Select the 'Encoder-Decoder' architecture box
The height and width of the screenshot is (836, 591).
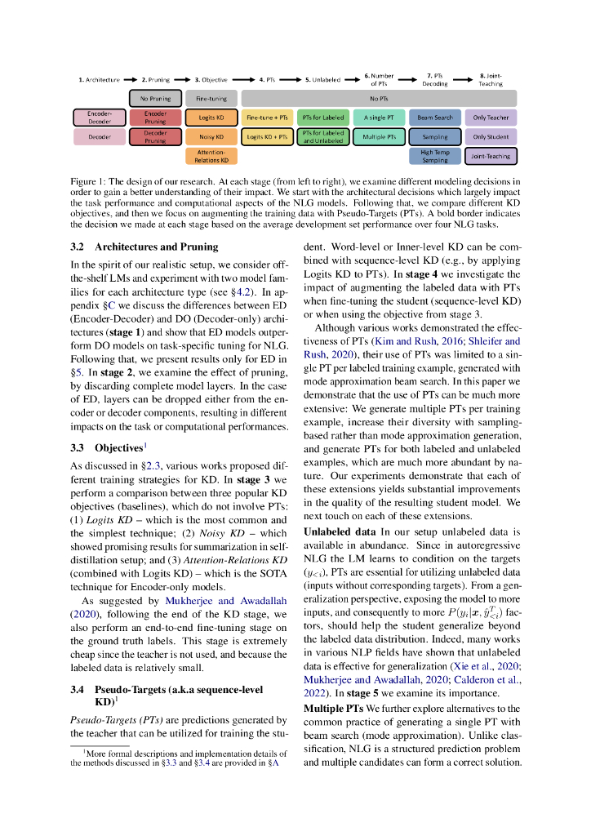pyautogui.click(x=100, y=118)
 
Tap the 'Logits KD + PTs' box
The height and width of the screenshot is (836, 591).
pyautogui.click(x=268, y=137)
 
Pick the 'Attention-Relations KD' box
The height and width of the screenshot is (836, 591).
pyautogui.click(x=211, y=156)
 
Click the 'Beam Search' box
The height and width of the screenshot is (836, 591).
pyautogui.click(x=435, y=118)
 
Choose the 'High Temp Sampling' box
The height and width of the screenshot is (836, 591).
pyautogui.click(x=435, y=156)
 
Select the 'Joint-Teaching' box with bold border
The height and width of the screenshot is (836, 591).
pyautogui.click(x=491, y=156)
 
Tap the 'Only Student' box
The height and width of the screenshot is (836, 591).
pyautogui.click(x=491, y=137)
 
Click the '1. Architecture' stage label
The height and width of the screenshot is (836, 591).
pyautogui.click(x=99, y=80)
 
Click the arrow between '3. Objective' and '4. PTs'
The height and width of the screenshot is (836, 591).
pyautogui.click(x=242, y=80)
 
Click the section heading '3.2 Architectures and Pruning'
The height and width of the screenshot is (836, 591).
pyautogui.click(x=144, y=247)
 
